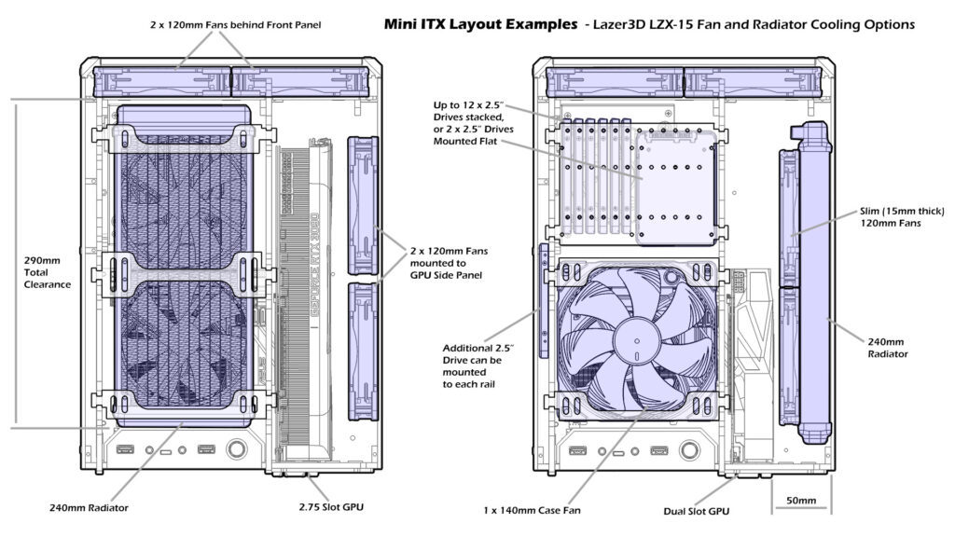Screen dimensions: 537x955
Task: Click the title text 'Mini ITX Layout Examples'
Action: pyautogui.click(x=479, y=25)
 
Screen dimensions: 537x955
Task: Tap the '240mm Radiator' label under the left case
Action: pyautogui.click(x=89, y=507)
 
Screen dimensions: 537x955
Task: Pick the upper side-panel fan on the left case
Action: pyautogui.click(x=361, y=204)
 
